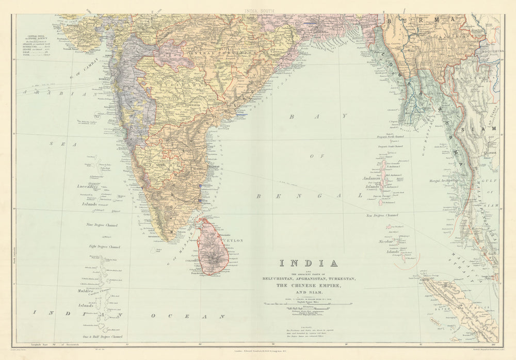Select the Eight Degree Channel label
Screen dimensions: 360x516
(x=105, y=246)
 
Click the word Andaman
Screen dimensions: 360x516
(x=371, y=178)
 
